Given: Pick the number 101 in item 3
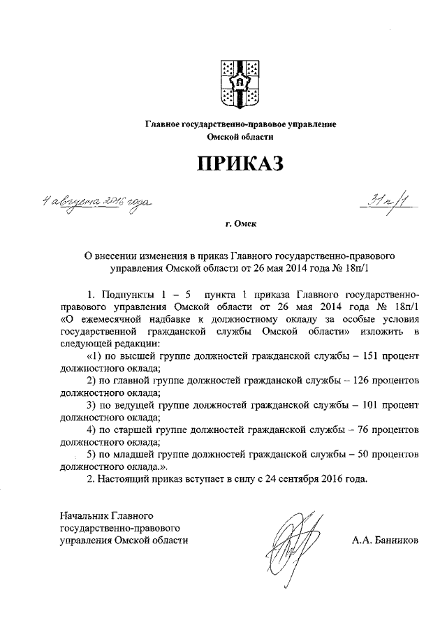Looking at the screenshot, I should pyautogui.click(x=367, y=405).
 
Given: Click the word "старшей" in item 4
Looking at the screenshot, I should pyautogui.click(x=146, y=429).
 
